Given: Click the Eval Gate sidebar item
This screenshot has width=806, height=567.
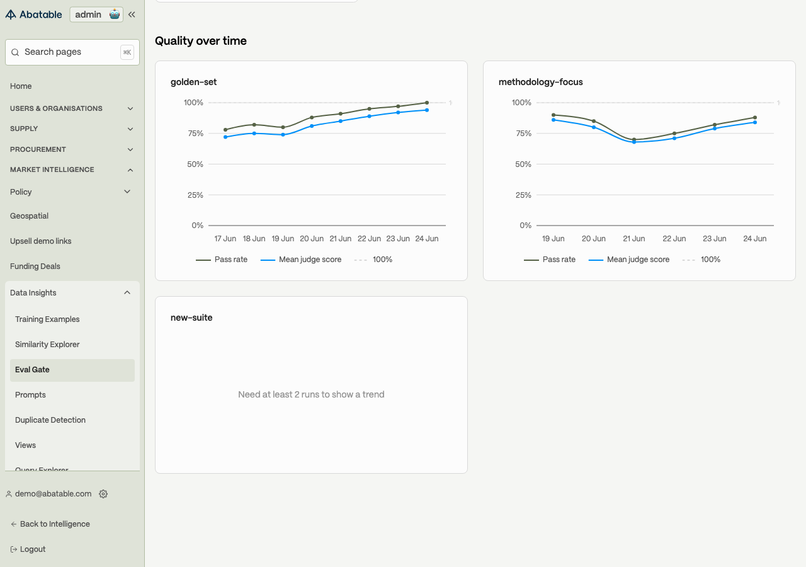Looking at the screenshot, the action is (72, 370).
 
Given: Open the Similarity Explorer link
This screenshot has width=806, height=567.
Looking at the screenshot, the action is (47, 345).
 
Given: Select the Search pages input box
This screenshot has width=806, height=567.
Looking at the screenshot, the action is (72, 52).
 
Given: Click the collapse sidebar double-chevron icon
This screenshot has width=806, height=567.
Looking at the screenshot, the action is (132, 14).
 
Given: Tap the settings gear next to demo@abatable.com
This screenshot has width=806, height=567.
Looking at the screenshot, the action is (103, 493).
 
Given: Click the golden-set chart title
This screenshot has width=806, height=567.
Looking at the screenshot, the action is (193, 82).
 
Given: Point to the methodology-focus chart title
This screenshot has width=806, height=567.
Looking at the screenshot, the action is (540, 82).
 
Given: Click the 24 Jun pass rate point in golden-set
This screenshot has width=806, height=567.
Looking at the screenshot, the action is (427, 103).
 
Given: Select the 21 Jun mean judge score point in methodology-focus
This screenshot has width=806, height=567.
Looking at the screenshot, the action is (634, 142).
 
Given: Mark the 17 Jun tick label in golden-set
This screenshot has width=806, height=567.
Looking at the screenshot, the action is (225, 239).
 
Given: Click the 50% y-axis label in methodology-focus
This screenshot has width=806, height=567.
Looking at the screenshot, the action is (523, 164).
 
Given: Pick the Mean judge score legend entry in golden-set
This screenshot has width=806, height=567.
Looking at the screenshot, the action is (301, 260).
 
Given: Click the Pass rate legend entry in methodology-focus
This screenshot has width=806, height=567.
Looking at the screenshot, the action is (550, 260).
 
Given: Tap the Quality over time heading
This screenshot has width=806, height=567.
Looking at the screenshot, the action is (201, 41).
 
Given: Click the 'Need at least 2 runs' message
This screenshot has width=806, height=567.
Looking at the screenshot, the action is (311, 394).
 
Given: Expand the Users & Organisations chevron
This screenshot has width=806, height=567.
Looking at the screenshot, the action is (130, 109).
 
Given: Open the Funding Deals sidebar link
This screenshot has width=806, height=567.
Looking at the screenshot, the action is (35, 266).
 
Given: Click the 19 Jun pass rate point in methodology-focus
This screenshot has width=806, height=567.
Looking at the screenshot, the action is (553, 115).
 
